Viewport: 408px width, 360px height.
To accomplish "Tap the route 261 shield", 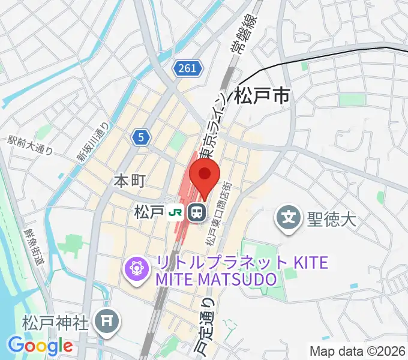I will tap(187, 69).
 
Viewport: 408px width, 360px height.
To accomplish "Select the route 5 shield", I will tap(140, 138).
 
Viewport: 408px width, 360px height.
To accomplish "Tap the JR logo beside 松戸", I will tap(176, 212).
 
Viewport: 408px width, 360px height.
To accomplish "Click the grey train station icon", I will tap(196, 212).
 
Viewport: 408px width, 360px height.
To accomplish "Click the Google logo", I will tap(40, 346).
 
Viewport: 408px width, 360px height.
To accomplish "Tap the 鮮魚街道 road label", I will tap(34, 246).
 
